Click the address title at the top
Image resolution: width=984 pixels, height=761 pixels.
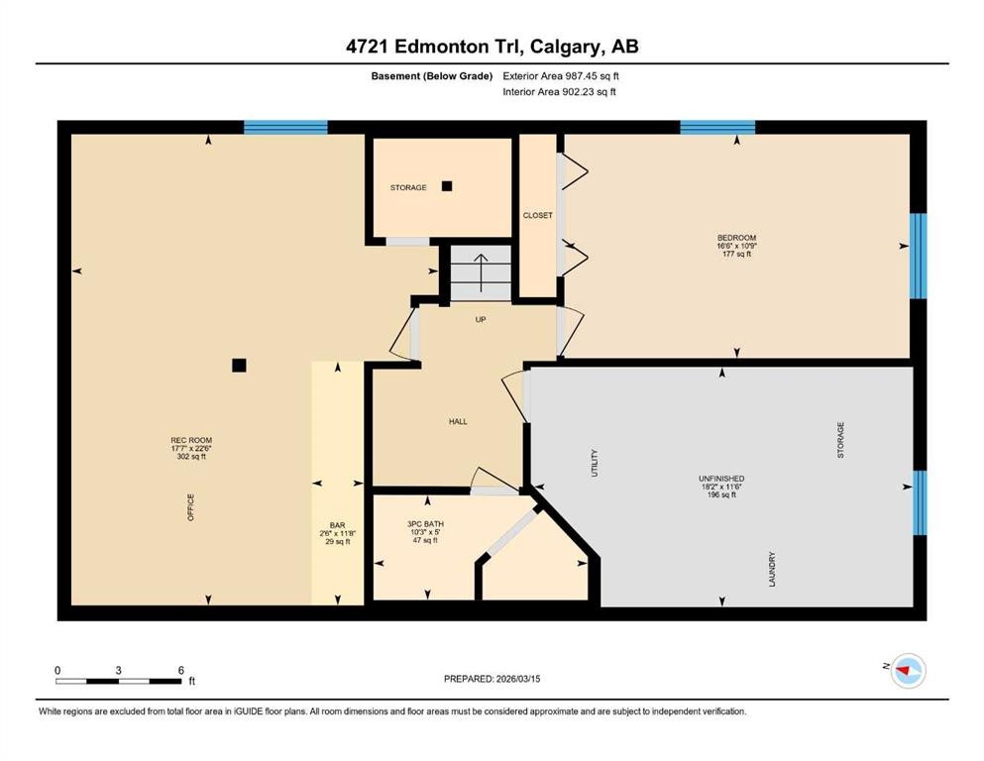492,47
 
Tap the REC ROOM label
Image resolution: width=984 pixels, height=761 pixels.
191,441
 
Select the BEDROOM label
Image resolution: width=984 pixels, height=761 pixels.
736,238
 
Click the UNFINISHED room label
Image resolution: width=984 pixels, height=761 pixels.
720,479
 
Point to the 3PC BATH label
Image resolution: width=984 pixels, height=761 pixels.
423,524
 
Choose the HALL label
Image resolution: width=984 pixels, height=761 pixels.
457,422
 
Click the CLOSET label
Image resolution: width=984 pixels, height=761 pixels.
537,215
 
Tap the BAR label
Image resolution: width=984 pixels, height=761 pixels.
337,526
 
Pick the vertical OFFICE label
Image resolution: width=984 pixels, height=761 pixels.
191,507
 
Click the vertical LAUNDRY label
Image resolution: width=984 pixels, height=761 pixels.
772,569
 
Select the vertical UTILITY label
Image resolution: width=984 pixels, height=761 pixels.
596,463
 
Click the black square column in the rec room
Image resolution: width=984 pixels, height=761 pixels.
239,365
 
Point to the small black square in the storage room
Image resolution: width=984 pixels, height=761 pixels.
447,185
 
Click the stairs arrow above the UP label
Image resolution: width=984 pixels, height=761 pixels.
481,272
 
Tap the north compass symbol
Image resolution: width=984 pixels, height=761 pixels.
906,671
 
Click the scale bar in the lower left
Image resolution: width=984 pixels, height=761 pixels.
119,681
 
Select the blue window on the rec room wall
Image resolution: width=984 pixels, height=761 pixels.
285,127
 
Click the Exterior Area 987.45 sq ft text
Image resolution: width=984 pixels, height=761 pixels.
566,75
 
